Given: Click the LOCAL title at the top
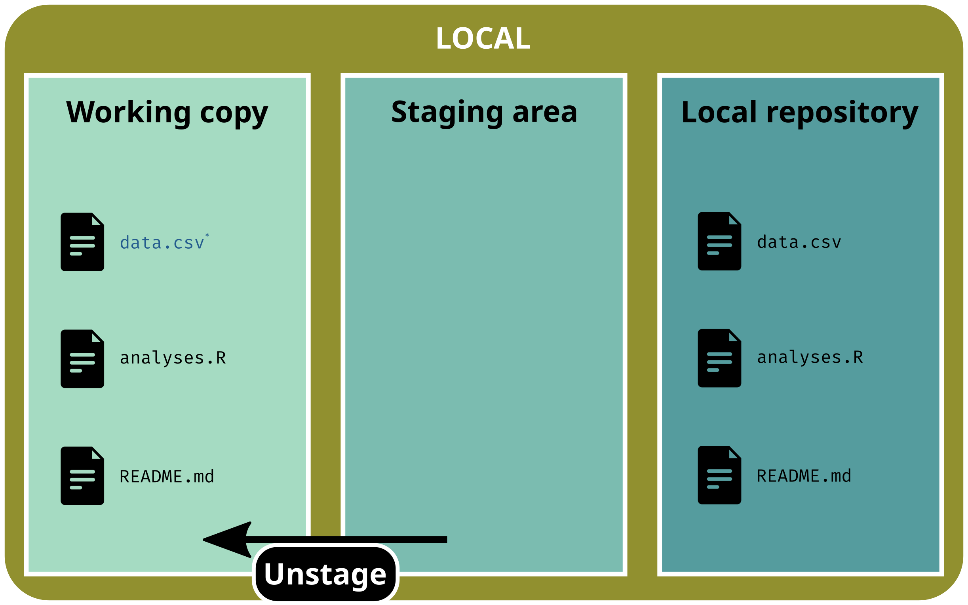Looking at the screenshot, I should coord(483,38).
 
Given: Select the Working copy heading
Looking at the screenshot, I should coord(167,112).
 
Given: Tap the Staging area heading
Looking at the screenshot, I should coord(484,112).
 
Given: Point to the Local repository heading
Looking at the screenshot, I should coord(800,112).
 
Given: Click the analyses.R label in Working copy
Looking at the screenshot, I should coord(173,358).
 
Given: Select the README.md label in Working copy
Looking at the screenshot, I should coord(167,477).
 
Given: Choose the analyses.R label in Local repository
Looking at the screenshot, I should coord(810,357).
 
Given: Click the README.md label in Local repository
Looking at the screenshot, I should coord(804,476).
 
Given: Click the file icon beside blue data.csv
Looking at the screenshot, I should coord(82,242).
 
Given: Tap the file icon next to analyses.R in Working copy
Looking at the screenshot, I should coord(82,358).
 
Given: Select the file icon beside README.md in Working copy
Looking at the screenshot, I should coord(82,476).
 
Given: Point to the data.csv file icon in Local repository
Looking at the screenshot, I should coord(719,241).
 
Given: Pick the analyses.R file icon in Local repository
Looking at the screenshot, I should coord(719,358).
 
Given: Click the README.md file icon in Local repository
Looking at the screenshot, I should coord(719,475).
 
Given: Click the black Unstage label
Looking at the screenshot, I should coord(325,574).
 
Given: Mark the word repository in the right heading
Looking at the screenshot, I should coord(842,113).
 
